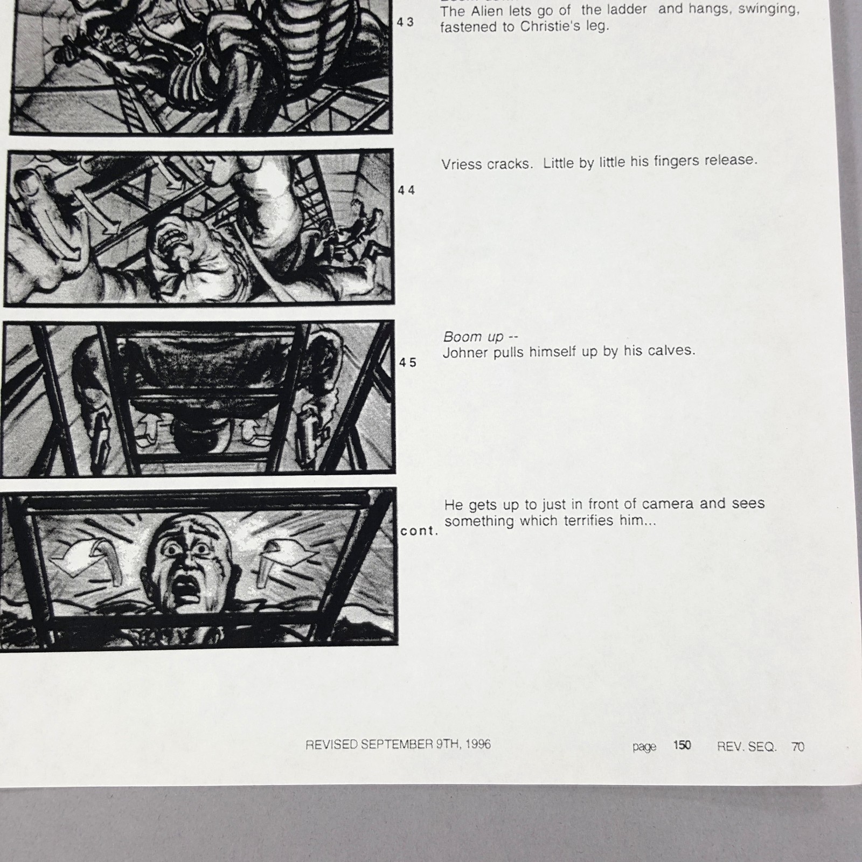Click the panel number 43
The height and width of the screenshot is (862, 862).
point(406,23)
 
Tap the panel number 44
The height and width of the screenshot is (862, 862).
point(407,190)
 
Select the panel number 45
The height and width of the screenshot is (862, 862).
point(408,363)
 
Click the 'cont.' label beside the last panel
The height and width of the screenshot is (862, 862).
point(419,531)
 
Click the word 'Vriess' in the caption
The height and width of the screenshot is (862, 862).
point(462,164)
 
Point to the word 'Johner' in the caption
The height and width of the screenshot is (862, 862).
point(464,353)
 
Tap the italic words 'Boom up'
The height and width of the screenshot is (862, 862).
point(472,337)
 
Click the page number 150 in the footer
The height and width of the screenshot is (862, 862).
point(682,745)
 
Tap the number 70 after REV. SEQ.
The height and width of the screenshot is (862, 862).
point(798,746)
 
